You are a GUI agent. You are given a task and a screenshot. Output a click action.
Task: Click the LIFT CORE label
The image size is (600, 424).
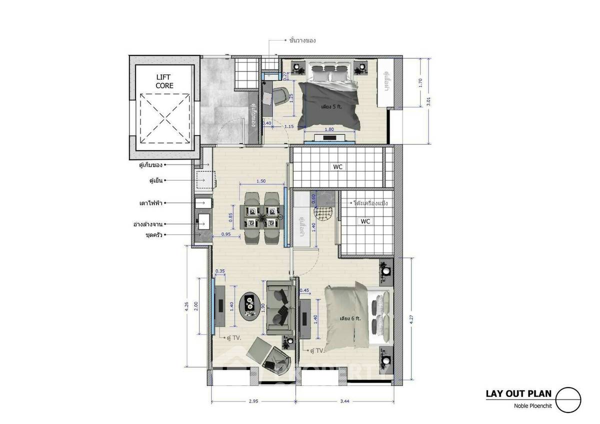(164, 81)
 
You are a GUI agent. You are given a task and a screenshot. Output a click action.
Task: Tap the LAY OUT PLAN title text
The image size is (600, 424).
(518, 393)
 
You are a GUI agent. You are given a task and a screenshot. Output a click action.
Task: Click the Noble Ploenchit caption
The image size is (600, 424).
(532, 406)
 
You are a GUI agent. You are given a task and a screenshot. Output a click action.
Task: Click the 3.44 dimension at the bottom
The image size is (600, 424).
(345, 407)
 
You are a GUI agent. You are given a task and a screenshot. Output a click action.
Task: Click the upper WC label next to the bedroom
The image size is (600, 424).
(338, 166)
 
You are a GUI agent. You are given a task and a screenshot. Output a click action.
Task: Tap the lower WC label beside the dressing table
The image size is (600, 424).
(365, 221)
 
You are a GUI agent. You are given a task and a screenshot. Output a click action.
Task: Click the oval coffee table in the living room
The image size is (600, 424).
(249, 305)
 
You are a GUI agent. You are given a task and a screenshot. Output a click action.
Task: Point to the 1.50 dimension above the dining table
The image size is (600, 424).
(260, 181)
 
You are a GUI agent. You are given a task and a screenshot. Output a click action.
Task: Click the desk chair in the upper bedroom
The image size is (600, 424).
(280, 94)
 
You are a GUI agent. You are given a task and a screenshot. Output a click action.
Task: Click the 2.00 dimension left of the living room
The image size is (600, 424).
(196, 304)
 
